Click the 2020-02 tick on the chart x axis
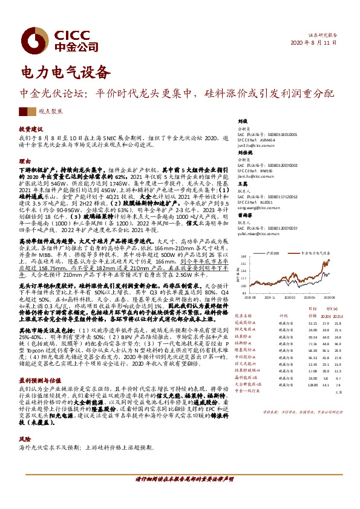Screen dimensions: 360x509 (301, 296)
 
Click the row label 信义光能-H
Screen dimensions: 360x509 (247, 363)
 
